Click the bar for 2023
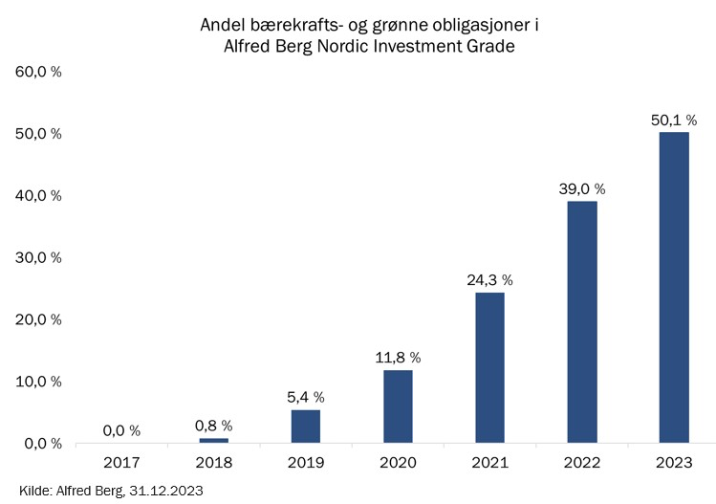point(674,288)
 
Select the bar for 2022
point(582,321)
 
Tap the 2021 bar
point(490,367)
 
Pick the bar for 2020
point(398,406)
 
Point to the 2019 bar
point(306,427)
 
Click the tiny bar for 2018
point(214,441)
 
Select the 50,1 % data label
point(674,121)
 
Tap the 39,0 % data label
point(582,188)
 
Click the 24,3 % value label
point(490,280)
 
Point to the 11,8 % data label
point(398,358)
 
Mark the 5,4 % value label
point(306,398)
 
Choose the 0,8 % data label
point(214,426)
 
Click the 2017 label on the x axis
point(121,463)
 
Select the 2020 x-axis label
point(398,463)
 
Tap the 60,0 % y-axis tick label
point(38,72)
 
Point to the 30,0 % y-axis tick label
point(38,257)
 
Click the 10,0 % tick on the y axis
point(38,382)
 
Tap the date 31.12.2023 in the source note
point(166,491)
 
